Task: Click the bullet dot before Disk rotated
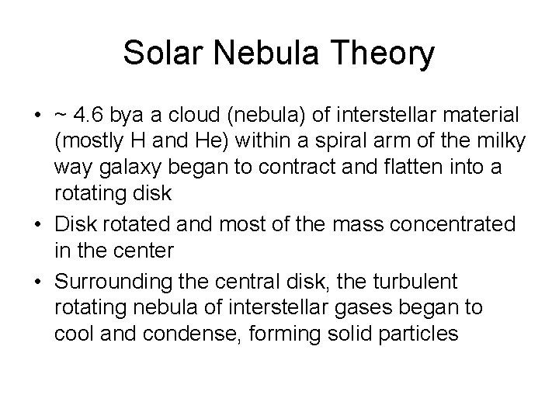pyautogui.click(x=38, y=224)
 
